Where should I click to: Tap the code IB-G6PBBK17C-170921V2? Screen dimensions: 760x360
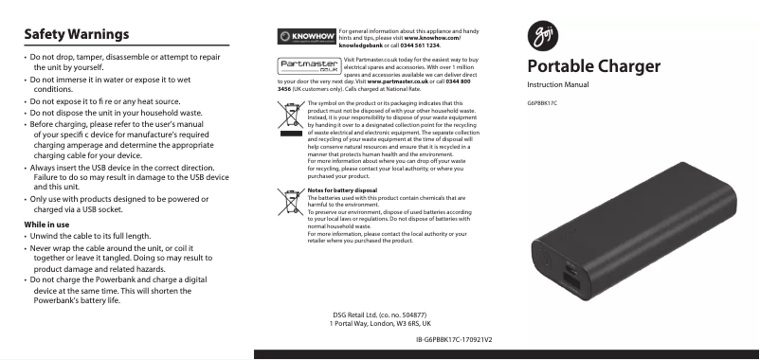click(461, 338)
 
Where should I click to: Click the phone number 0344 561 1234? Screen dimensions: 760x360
click(420, 45)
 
